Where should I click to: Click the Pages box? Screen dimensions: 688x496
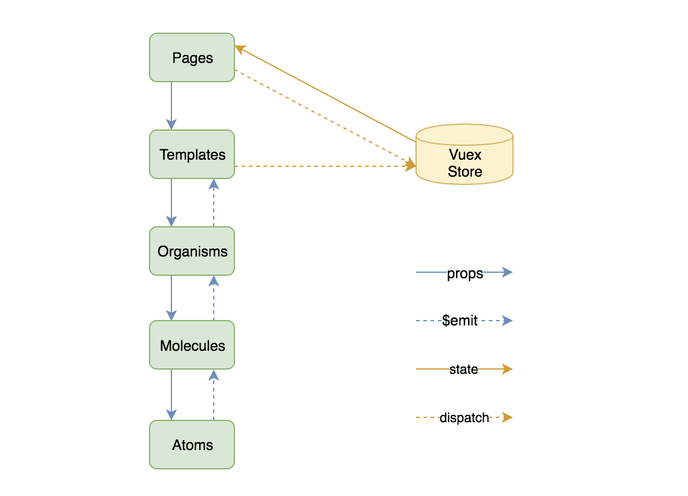(192, 57)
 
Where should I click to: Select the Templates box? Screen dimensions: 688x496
(192, 154)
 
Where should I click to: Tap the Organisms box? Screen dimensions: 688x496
(192, 251)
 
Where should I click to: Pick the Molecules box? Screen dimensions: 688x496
(192, 345)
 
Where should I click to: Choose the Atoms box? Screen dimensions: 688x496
(192, 445)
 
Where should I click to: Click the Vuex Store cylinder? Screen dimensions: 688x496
(465, 154)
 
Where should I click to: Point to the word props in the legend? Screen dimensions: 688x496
(465, 274)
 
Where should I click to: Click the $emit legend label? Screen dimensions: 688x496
(460, 321)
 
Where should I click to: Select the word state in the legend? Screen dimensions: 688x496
(464, 370)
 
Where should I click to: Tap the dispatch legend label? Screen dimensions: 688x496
(465, 417)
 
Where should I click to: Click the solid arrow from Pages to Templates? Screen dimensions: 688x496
(171, 106)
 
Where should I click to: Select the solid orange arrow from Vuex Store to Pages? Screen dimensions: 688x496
(325, 94)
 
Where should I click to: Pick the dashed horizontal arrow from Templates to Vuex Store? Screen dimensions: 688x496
(325, 166)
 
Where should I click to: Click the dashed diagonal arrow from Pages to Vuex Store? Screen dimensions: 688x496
(325, 118)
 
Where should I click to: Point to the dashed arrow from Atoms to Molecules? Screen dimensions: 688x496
(214, 395)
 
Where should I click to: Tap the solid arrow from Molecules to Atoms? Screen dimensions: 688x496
(171, 395)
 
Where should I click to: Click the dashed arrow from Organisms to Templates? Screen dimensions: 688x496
(214, 203)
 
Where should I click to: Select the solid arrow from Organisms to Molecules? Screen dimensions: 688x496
(171, 298)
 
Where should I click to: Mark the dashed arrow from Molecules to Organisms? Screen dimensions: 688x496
(214, 298)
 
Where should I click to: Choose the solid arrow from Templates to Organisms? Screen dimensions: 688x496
(171, 203)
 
